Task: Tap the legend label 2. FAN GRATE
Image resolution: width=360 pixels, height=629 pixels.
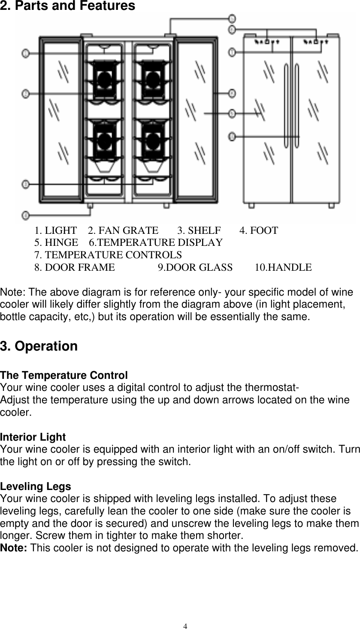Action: (x=123, y=230)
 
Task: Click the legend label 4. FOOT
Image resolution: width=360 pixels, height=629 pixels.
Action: (x=258, y=230)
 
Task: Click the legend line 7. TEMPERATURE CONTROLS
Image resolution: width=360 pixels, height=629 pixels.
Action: (x=108, y=255)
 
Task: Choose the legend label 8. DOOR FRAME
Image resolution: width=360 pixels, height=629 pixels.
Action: (x=74, y=267)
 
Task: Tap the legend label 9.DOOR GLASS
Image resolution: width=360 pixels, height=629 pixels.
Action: (x=195, y=267)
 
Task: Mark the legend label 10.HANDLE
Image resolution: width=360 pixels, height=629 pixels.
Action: (x=283, y=267)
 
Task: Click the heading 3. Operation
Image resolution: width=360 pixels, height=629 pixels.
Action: (x=39, y=346)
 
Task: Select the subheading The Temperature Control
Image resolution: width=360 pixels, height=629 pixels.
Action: (x=64, y=375)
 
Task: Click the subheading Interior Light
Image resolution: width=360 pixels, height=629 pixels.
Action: (x=33, y=437)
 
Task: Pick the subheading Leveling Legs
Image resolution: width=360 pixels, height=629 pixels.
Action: (x=36, y=487)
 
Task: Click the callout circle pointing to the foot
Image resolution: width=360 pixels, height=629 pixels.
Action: (x=26, y=215)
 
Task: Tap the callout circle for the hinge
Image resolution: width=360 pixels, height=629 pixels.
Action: (x=232, y=18)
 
